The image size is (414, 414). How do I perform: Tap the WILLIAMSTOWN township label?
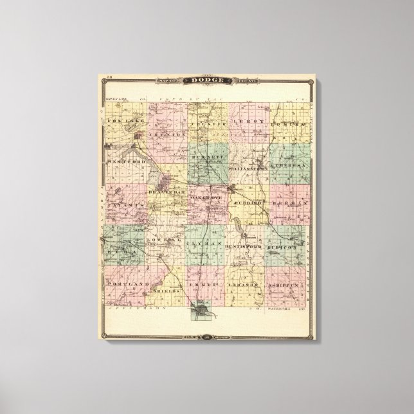246,169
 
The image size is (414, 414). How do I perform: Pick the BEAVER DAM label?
166,192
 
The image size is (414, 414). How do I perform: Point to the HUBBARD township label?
246,203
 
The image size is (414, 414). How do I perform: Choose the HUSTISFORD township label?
246,246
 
